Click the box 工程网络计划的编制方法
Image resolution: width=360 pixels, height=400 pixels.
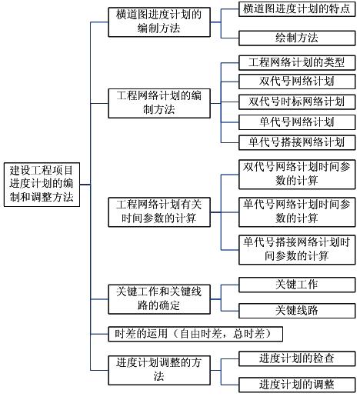(x=158, y=102)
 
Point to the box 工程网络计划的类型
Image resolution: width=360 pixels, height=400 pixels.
(x=297, y=62)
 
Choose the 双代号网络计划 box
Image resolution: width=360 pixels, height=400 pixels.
(x=297, y=82)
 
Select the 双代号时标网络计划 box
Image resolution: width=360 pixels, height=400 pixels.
(x=297, y=102)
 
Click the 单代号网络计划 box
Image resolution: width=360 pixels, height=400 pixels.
(x=297, y=122)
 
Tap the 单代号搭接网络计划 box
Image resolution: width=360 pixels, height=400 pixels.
(x=297, y=142)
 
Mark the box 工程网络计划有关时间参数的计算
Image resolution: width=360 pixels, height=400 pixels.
(x=158, y=212)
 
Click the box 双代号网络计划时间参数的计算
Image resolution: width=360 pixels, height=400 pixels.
(x=297, y=174)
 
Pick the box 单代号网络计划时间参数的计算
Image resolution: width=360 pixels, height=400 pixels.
(x=297, y=212)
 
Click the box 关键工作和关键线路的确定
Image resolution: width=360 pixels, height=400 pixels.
(x=158, y=299)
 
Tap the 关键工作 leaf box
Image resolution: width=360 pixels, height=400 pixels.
(x=297, y=284)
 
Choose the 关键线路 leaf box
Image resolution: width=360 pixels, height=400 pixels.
(x=297, y=311)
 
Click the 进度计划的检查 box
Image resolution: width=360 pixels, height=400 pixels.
(x=297, y=358)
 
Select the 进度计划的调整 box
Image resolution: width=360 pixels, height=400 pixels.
(x=297, y=384)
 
